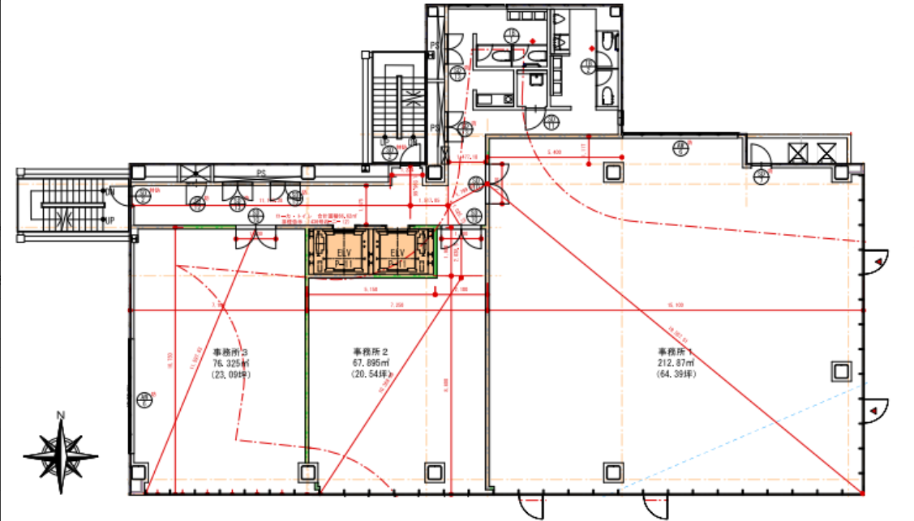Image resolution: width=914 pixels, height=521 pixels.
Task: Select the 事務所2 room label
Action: [371, 352]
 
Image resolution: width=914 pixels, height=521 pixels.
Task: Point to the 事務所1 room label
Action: [676, 352]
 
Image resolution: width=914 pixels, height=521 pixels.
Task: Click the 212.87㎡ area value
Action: [676, 363]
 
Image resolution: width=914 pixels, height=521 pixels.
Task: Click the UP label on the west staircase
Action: [108, 220]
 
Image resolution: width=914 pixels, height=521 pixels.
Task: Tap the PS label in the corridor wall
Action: [261, 173]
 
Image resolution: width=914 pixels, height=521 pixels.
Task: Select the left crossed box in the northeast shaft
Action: [797, 152]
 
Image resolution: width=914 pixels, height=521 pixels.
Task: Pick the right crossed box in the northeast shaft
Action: [826, 152]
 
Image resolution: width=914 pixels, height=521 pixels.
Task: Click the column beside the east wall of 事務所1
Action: [841, 372]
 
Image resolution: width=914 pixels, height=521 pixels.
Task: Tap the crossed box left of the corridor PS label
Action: [195, 173]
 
